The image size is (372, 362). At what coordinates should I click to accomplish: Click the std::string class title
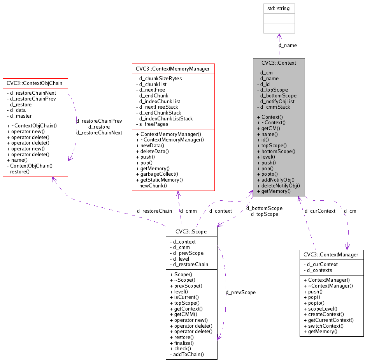coord(279,8)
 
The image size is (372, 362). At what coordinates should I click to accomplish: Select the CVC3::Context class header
coord(279,63)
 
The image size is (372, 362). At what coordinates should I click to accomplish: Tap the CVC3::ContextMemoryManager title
coord(173,69)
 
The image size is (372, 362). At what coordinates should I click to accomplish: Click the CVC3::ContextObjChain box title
coord(35,83)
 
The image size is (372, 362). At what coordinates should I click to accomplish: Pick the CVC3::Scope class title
coord(191,231)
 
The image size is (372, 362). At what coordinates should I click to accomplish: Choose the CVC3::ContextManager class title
coord(331,254)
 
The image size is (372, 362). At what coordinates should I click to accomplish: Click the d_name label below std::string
coord(288,45)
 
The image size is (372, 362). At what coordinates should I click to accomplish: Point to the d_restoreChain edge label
coord(154,211)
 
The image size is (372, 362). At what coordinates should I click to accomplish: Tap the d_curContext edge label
coord(320,211)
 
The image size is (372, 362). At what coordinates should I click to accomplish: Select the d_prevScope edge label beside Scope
coord(240,292)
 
